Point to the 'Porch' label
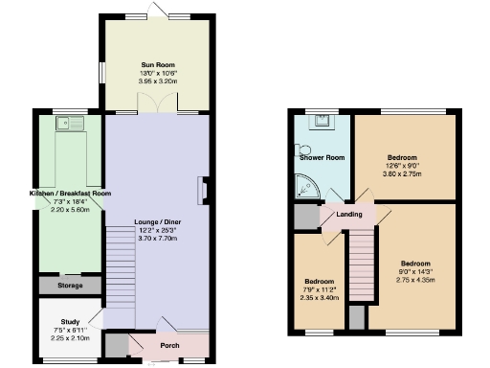(x=168, y=345)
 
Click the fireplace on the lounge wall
(x=202, y=190)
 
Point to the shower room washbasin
(x=323, y=121)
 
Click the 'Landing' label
(x=348, y=214)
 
